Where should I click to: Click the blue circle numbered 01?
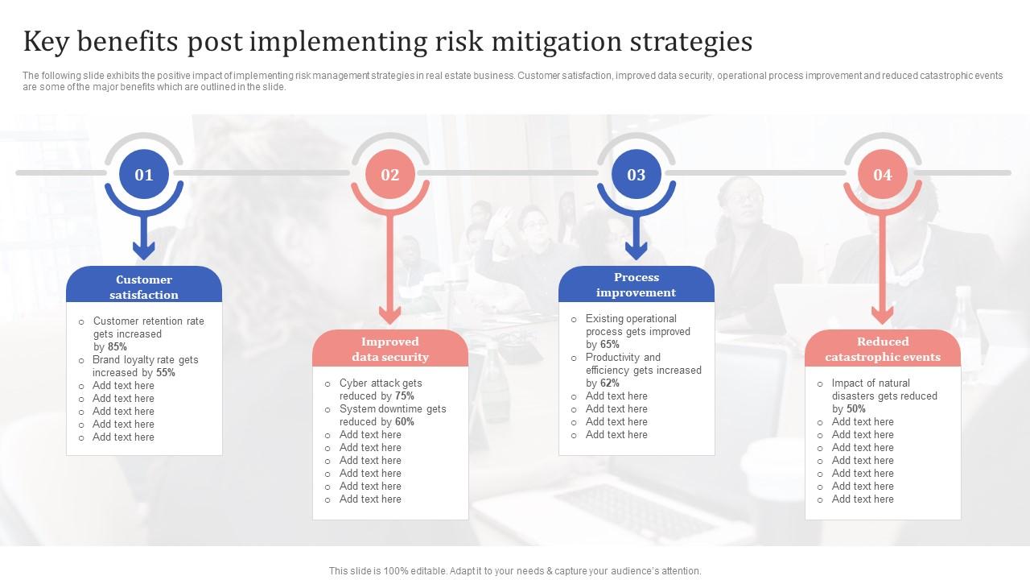click(144, 174)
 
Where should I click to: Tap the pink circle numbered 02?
click(390, 174)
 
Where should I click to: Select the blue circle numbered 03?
click(637, 174)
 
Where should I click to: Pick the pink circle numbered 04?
click(883, 174)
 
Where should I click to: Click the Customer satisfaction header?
click(144, 287)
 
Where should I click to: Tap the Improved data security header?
click(390, 349)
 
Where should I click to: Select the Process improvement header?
click(637, 284)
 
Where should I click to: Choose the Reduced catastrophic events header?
click(883, 349)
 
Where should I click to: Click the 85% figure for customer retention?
click(117, 346)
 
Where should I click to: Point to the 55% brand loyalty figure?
click(166, 372)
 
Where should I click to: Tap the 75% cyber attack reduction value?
click(404, 396)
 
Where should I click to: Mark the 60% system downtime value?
click(404, 421)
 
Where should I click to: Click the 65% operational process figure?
click(610, 344)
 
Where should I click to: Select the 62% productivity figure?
click(610, 383)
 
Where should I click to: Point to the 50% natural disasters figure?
click(856, 408)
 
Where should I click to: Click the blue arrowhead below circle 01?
click(144, 251)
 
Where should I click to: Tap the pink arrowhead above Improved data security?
click(390, 315)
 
